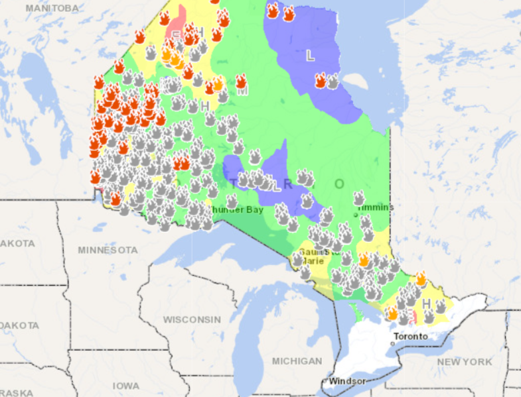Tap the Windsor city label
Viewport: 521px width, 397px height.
(346, 381)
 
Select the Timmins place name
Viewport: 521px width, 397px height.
(376, 207)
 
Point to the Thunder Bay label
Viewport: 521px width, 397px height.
(236, 209)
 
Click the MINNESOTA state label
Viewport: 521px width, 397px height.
(108, 250)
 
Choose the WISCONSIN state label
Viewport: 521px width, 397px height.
(192, 319)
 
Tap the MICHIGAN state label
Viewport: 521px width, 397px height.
(297, 361)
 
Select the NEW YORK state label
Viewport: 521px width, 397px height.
(465, 362)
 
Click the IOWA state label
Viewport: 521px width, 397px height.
(126, 385)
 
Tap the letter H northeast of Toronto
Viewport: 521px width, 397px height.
(426, 304)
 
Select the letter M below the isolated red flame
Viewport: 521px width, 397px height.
(243, 91)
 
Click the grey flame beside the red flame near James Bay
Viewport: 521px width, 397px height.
(333, 81)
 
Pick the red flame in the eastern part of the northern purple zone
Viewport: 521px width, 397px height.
(321, 80)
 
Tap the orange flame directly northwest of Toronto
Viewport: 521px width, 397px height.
(392, 313)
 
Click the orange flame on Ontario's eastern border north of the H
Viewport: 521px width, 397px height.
(420, 278)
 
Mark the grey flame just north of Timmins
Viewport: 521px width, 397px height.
(359, 198)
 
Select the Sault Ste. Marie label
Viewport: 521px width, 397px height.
(314, 256)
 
